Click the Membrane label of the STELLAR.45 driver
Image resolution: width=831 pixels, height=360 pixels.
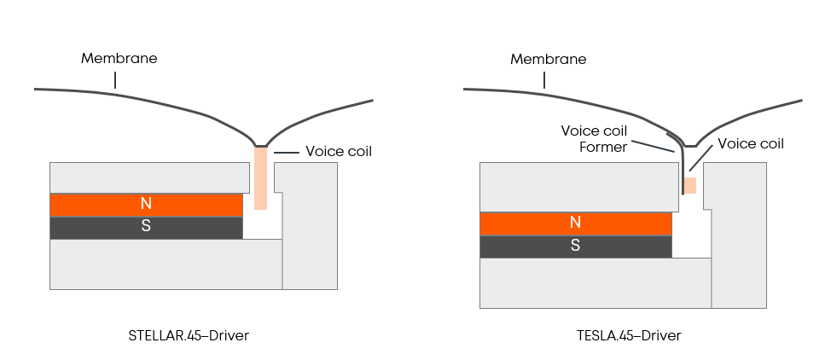(119, 59)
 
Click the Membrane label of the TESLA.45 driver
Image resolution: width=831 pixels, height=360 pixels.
(548, 59)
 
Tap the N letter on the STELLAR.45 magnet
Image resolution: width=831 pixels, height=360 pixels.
(147, 205)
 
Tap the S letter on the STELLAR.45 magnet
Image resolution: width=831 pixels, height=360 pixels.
(147, 228)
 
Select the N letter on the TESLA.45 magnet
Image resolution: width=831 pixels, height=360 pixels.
(576, 223)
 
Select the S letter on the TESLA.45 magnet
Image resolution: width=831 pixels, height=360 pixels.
(576, 246)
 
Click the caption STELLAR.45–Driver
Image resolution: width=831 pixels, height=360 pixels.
(188, 335)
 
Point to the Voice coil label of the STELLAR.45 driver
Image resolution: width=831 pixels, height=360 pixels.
(339, 152)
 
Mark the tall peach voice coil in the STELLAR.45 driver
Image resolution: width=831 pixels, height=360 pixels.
(261, 178)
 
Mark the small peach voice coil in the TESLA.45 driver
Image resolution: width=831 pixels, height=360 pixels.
(690, 185)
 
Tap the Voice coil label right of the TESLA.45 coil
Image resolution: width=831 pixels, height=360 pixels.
(751, 144)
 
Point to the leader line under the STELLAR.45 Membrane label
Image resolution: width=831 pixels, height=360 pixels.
(116, 79)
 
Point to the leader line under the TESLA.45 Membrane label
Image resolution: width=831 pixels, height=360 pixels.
(545, 79)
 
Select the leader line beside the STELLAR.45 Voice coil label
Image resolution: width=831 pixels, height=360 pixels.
(286, 152)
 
